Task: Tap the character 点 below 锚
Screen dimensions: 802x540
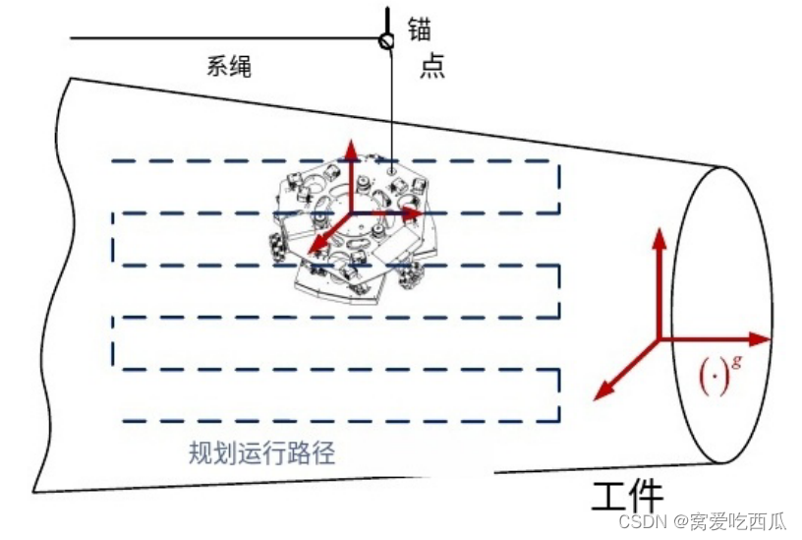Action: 431,66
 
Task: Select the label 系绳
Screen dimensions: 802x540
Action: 229,66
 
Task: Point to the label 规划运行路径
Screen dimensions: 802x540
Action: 262,453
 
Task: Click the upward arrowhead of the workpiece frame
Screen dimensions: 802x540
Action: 659,236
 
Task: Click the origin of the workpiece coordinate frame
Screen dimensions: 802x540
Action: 659,339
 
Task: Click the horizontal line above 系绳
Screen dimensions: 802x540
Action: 226,39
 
